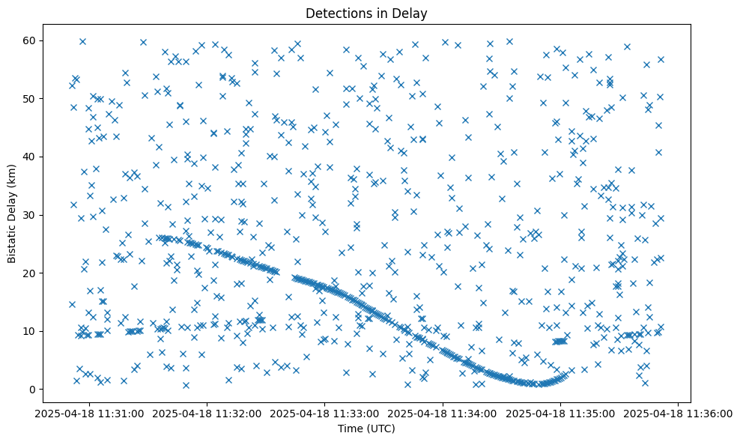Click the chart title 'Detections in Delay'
click(366, 13)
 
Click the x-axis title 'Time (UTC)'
click(366, 429)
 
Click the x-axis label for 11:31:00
click(89, 413)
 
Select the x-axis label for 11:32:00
click(207, 413)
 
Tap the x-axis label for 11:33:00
click(325, 413)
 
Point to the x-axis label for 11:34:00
click(443, 413)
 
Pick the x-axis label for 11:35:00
click(561, 413)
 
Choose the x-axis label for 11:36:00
click(679, 413)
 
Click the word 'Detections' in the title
click(334, 13)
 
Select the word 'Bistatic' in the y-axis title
click(13, 241)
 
